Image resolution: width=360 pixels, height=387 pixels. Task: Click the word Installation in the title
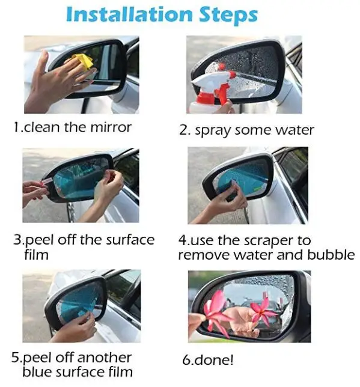pos(129,14)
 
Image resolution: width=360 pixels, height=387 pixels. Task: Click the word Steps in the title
pos(228,16)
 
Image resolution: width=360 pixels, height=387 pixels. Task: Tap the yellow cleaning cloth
pos(83,61)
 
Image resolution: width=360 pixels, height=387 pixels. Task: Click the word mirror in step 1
pos(111,127)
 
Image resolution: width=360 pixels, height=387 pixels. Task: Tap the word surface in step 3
pos(130,240)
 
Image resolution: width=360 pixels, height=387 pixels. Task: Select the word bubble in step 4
pos(331,254)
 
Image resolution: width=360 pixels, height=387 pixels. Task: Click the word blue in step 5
pos(37,372)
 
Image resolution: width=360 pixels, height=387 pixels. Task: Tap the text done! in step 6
pos(214,360)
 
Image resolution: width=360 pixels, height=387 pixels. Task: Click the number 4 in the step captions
pos(183,240)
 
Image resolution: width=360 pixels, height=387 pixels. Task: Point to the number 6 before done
pos(186,360)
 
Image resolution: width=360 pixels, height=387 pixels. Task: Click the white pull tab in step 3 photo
pos(47,182)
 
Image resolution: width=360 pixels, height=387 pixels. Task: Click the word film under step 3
pos(36,255)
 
